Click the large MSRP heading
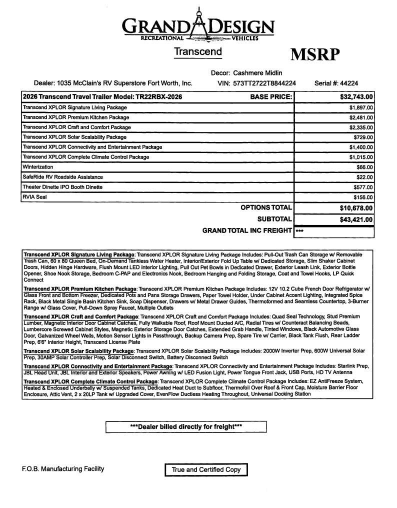click(315, 54)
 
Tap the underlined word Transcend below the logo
click(198, 52)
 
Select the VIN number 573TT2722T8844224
click(264, 83)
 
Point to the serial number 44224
click(348, 83)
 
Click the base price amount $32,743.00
click(352, 97)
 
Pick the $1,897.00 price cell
click(361, 107)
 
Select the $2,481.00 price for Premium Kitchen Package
click(361, 117)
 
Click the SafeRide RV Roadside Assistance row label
click(62, 177)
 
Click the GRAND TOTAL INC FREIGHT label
click(247, 230)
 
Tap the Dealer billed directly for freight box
click(186, 426)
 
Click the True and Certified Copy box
click(206, 469)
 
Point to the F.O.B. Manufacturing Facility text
click(63, 468)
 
